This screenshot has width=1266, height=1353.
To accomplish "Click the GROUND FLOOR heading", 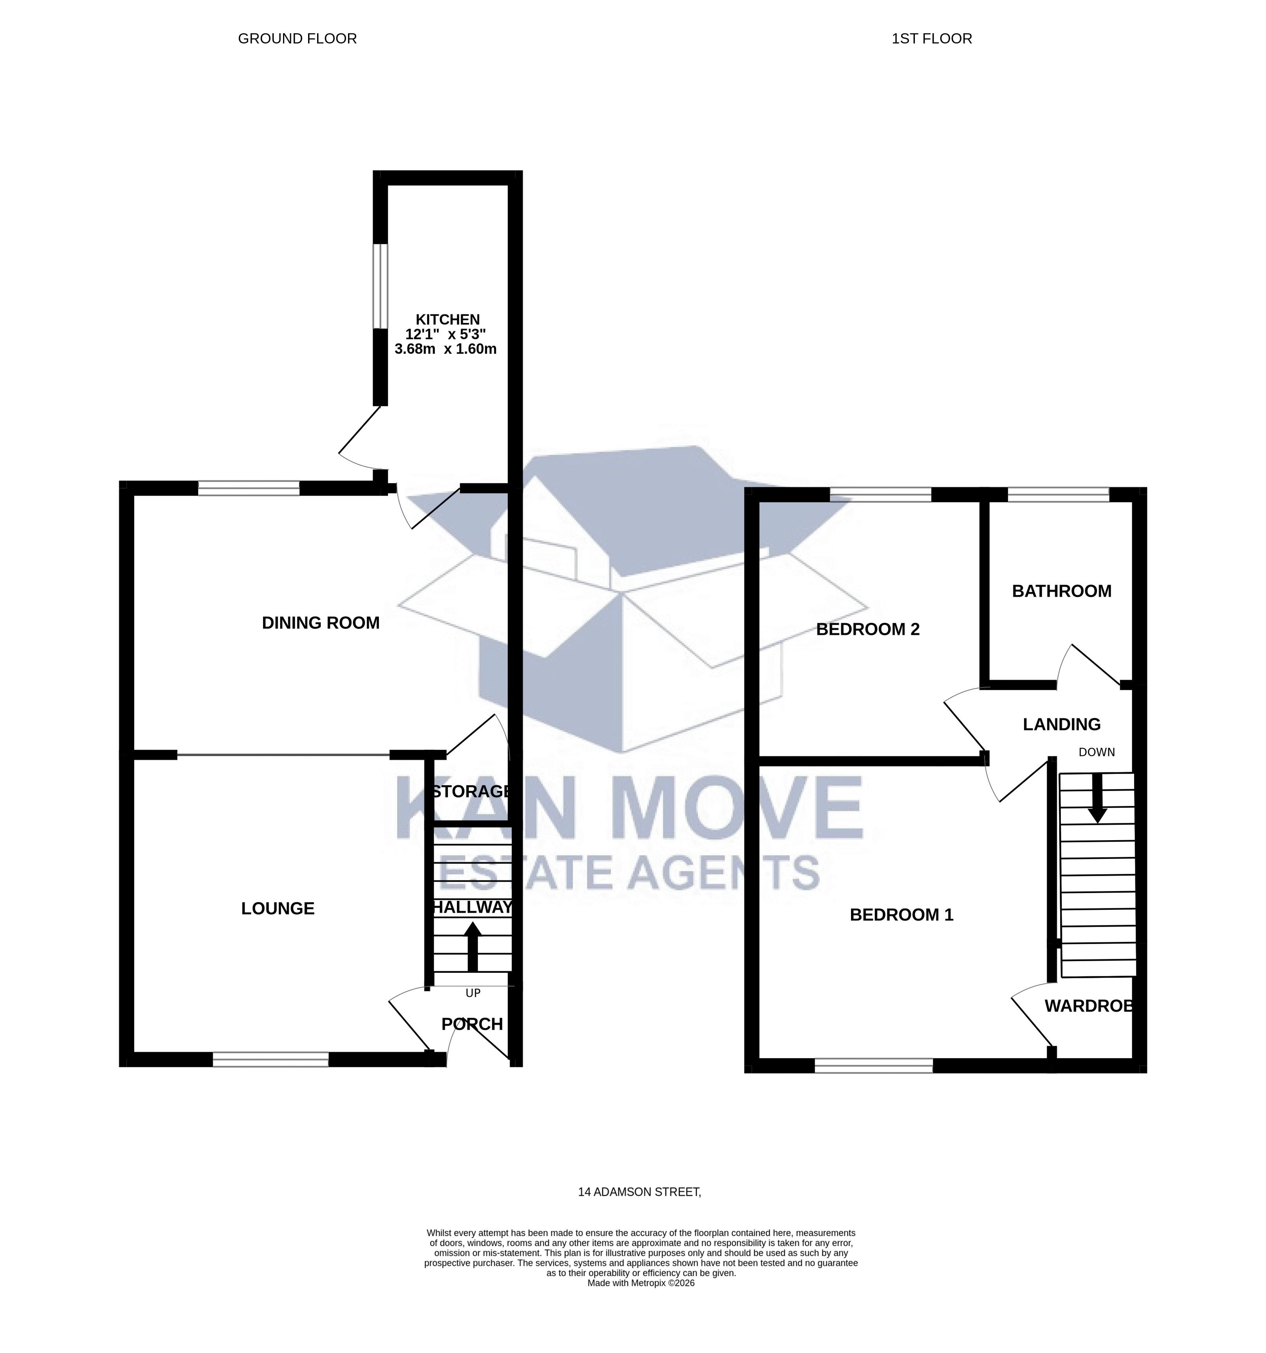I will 298,39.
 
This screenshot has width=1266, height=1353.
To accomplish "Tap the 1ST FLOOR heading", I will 931,39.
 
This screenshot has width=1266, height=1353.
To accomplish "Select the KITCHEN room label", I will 447,319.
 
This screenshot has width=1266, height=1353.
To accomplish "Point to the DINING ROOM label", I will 321,623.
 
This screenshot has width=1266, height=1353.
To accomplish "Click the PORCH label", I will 472,1024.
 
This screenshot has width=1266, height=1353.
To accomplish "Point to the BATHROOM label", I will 1061,591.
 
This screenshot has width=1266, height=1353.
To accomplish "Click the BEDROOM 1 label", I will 901,915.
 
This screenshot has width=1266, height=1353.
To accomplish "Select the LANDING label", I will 1061,724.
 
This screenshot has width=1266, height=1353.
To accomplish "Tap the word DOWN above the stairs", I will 1096,752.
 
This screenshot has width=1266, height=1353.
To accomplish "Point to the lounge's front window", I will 270,1060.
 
